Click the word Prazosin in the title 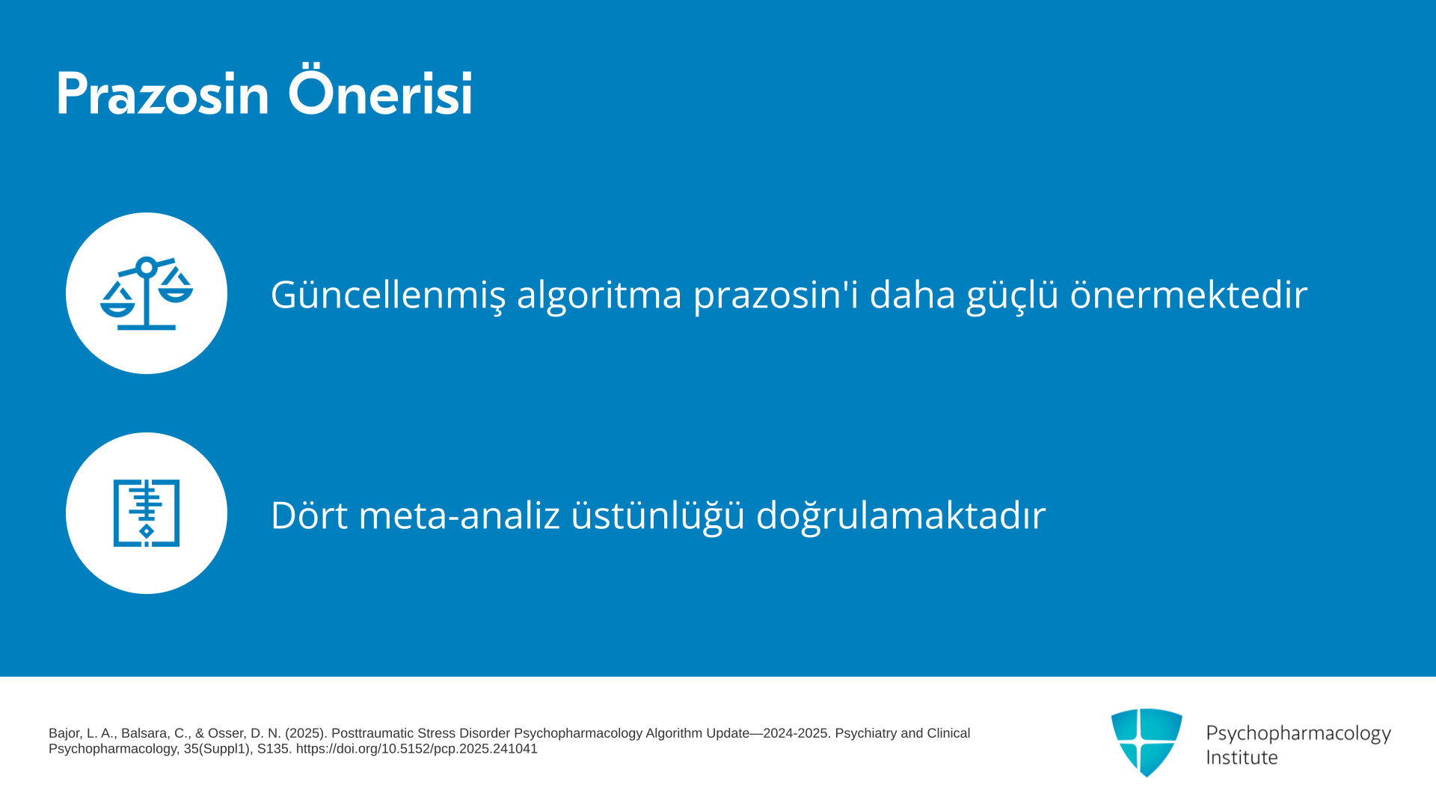[x=162, y=94]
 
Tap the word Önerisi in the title [x=380, y=91]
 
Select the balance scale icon [x=147, y=293]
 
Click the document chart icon [x=147, y=513]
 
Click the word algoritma [x=599, y=294]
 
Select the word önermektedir [x=1188, y=293]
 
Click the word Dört [x=309, y=515]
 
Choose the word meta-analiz [x=459, y=515]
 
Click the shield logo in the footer [x=1147, y=742]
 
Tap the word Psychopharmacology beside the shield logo [x=1298, y=734]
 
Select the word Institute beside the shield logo [x=1242, y=757]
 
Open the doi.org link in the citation [x=417, y=749]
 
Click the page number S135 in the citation [x=273, y=749]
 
